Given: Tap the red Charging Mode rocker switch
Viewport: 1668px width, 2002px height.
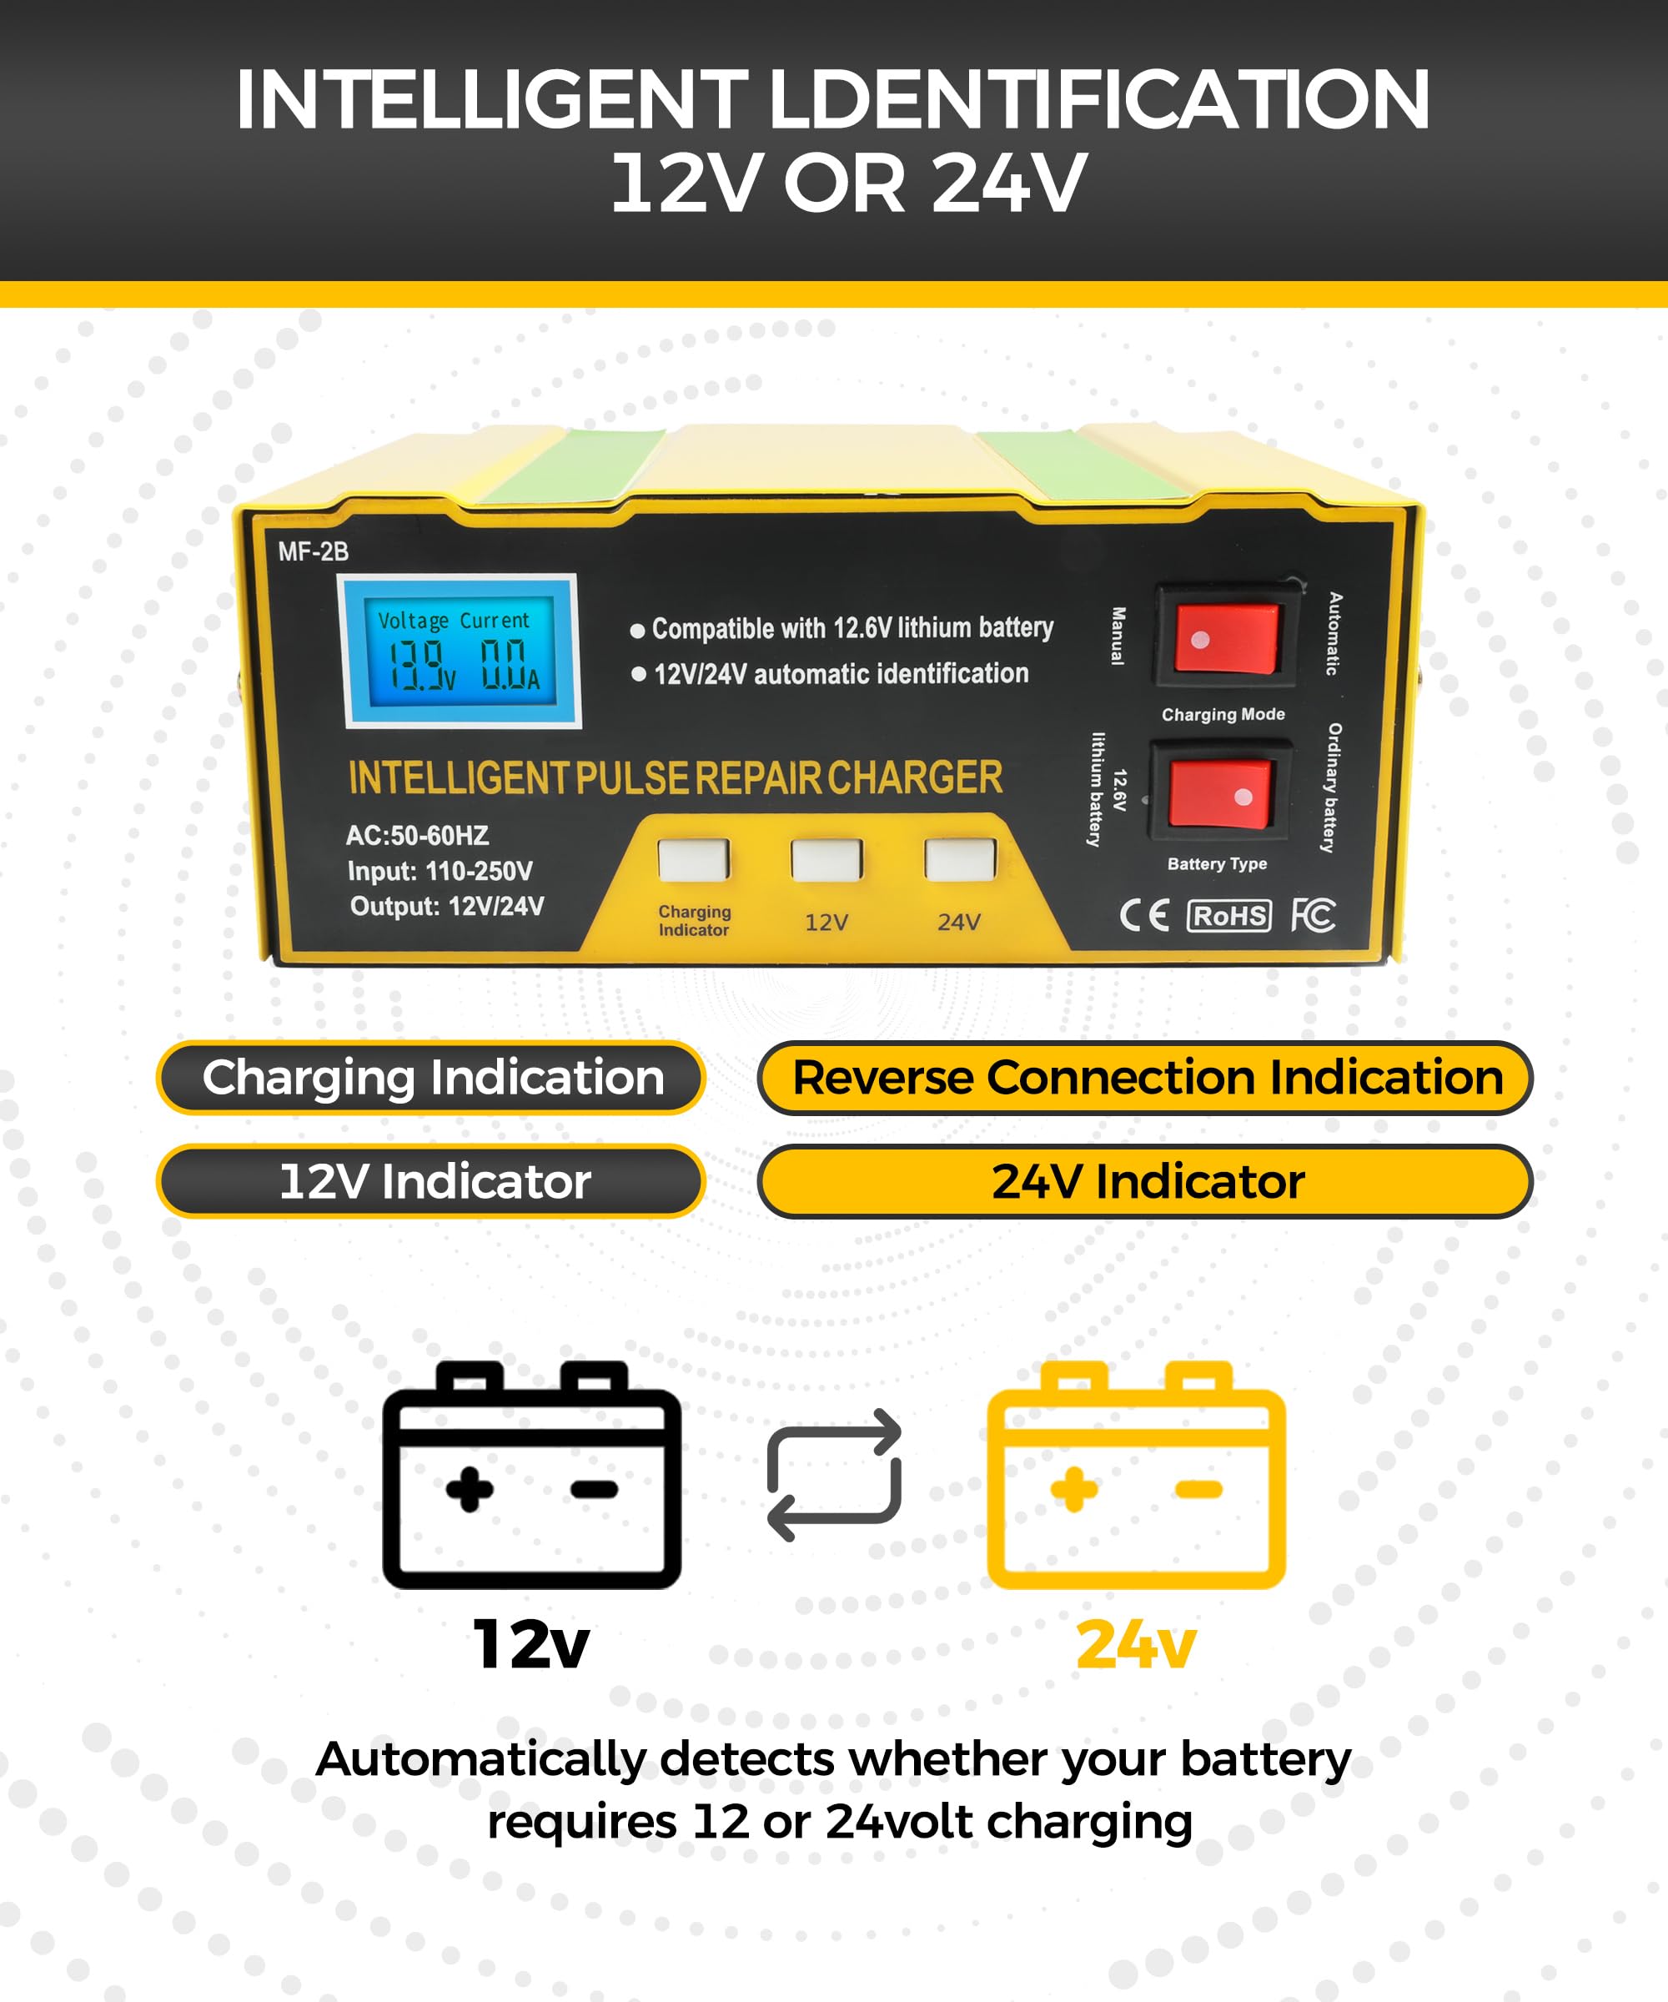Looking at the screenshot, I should pyautogui.click(x=1226, y=636).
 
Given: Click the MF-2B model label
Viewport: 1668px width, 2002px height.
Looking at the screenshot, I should pyautogui.click(x=313, y=552).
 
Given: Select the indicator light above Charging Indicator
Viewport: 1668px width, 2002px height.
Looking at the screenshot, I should pyautogui.click(x=693, y=860).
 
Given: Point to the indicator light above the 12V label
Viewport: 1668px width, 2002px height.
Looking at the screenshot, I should pyautogui.click(x=826, y=860).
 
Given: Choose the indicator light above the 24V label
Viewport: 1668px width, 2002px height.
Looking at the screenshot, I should pyautogui.click(x=959, y=860).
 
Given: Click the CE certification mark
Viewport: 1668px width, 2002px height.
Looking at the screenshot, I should pyautogui.click(x=1143, y=915).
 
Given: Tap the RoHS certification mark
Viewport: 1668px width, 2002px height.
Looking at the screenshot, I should pyautogui.click(x=1228, y=915).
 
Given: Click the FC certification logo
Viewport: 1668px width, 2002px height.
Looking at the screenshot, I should pyautogui.click(x=1313, y=915).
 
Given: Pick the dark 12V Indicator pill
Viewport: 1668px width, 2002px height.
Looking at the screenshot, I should pyautogui.click(x=431, y=1181).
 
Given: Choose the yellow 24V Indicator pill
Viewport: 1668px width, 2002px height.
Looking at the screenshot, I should pyautogui.click(x=1145, y=1181).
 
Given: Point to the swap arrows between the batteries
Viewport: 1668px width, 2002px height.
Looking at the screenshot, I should pyautogui.click(x=834, y=1475).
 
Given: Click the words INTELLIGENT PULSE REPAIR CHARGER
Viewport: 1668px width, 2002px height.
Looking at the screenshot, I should pyautogui.click(x=675, y=778).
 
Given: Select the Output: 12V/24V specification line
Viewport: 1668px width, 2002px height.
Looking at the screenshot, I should pyautogui.click(x=447, y=906).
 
